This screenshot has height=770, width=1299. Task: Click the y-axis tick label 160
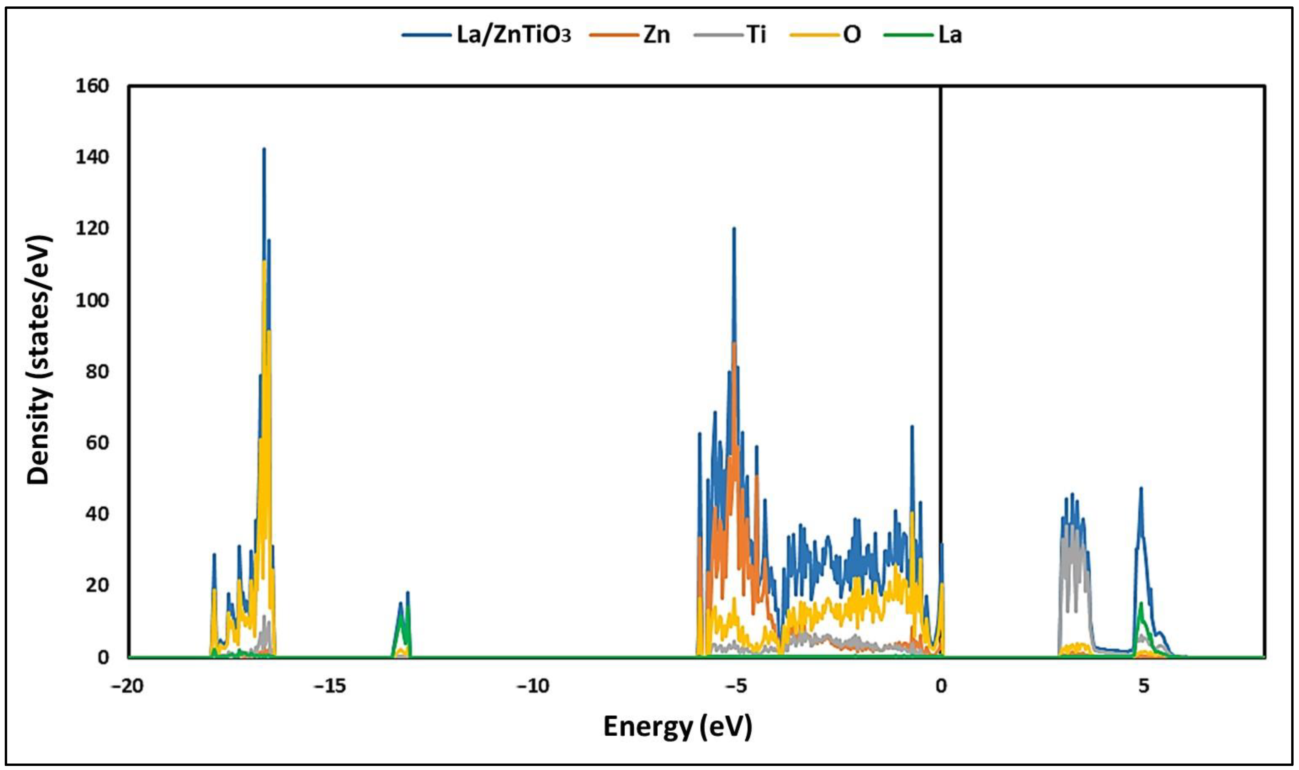(92, 86)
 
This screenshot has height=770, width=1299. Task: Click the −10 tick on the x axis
(534, 686)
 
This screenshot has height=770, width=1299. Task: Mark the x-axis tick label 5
(1144, 686)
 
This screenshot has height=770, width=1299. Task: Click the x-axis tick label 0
(940, 686)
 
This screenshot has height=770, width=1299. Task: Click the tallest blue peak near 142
(264, 150)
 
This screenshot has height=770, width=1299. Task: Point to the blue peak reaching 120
(734, 229)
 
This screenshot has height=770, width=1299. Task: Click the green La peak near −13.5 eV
(400, 617)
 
